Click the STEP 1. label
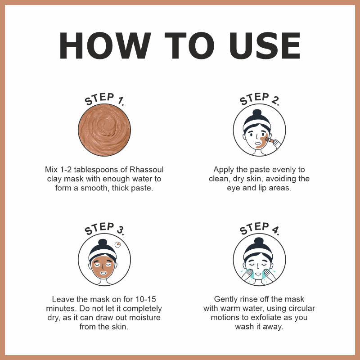[104, 99]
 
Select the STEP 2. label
[260, 99]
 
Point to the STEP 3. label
[104, 229]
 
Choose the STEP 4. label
[260, 229]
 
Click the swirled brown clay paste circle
[104, 130]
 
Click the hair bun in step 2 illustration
[257, 113]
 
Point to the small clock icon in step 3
[117, 244]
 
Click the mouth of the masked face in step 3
[103, 273]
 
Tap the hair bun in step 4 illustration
[259, 241]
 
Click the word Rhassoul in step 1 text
[147, 170]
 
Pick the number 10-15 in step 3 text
[146, 299]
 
